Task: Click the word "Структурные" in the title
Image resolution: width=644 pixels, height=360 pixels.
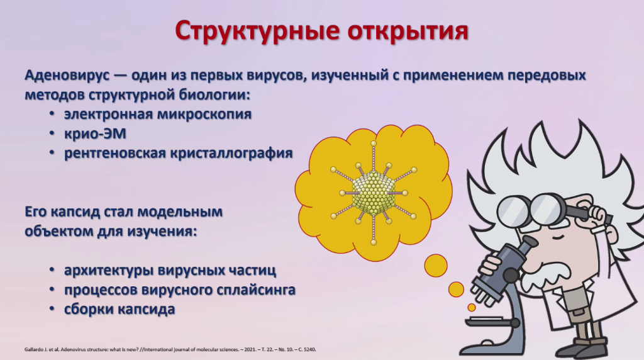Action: tap(257, 30)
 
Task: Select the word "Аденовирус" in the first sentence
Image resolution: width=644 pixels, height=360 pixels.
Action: tap(67, 76)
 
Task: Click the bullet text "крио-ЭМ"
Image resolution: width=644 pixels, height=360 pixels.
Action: tap(96, 133)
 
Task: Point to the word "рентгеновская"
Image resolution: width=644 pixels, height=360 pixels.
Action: tap(114, 154)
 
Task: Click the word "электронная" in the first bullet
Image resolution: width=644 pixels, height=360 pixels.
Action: tap(108, 114)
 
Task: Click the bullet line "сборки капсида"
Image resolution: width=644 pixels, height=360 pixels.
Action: tap(119, 310)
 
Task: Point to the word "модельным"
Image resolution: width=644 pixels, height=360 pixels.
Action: tap(180, 212)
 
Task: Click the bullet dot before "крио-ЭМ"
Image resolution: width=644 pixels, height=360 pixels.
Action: tap(52, 133)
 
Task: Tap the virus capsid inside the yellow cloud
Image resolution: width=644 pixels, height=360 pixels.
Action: tap(374, 193)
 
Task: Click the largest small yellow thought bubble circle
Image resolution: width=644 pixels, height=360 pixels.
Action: tap(436, 266)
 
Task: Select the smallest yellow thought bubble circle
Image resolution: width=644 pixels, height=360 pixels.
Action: tap(472, 307)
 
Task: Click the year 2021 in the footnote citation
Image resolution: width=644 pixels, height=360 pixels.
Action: tap(250, 350)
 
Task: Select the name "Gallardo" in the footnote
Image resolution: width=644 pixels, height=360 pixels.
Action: tap(31, 350)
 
